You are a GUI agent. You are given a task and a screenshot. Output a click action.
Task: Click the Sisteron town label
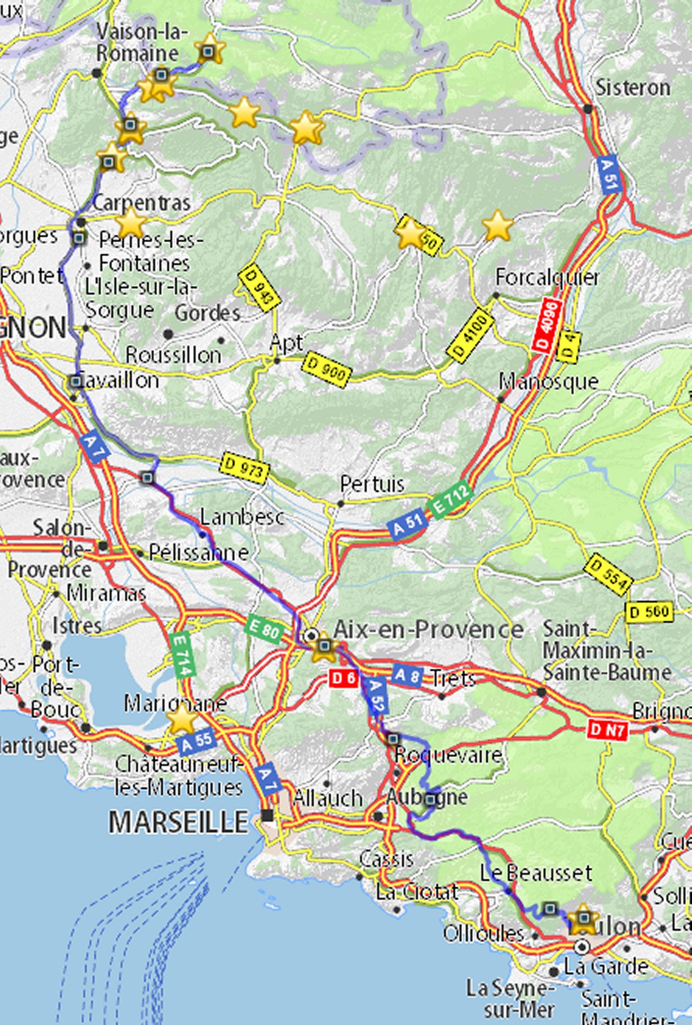click(633, 88)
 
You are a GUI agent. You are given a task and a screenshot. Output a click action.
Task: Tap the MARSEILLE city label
click(178, 823)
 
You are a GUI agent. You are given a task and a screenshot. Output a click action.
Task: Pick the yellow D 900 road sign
click(327, 369)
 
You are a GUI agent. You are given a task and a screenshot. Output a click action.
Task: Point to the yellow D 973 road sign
click(245, 468)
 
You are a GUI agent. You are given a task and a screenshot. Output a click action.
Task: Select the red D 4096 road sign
click(547, 325)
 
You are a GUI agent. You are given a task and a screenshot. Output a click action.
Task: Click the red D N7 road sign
click(608, 731)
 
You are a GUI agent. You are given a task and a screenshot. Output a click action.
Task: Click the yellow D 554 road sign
click(608, 574)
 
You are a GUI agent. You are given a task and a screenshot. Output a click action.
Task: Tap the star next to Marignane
click(182, 720)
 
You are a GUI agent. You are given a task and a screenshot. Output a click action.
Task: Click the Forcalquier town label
click(547, 277)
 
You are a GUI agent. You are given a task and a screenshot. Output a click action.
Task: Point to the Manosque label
click(548, 382)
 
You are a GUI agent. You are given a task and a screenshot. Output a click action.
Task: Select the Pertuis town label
click(372, 484)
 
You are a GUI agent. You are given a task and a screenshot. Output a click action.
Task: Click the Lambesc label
click(242, 517)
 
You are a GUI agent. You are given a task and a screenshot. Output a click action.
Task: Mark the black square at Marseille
click(267, 815)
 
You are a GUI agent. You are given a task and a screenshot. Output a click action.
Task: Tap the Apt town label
click(286, 343)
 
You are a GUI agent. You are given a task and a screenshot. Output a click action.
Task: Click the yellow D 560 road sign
click(649, 613)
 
